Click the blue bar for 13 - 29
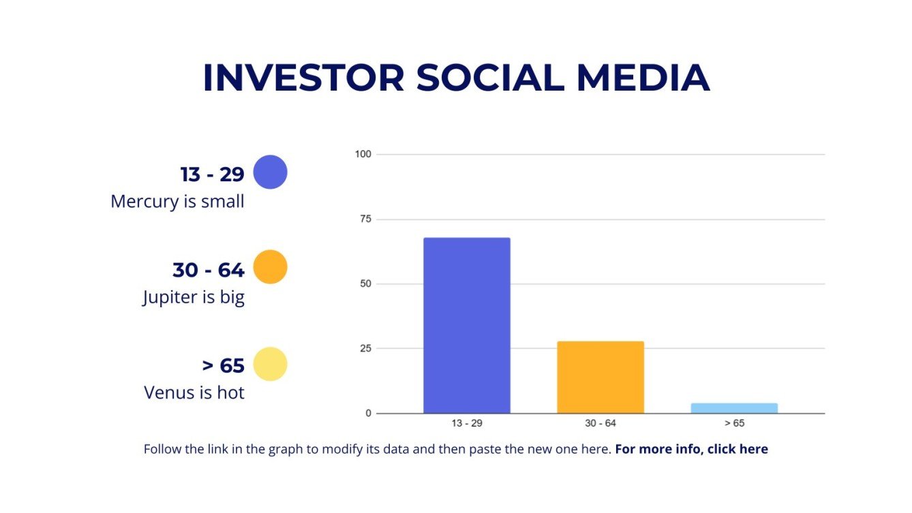pos(466,325)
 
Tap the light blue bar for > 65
pos(733,408)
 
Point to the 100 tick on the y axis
pos(363,154)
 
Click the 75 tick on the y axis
pos(365,219)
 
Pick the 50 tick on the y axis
pos(365,283)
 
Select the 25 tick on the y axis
pos(365,348)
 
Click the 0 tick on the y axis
pos(367,413)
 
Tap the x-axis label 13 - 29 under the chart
pos(466,424)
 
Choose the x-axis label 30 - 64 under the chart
pos(600,424)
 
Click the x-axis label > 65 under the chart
pos(733,424)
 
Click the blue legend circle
pos(270,172)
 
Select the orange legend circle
pos(270,267)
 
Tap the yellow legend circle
pos(270,364)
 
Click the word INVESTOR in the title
pos(303,78)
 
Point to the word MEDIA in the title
pos(643,78)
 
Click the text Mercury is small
pos(177,202)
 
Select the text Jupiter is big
pos(194,298)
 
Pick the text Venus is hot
pos(194,393)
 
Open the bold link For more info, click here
pos(691,450)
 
